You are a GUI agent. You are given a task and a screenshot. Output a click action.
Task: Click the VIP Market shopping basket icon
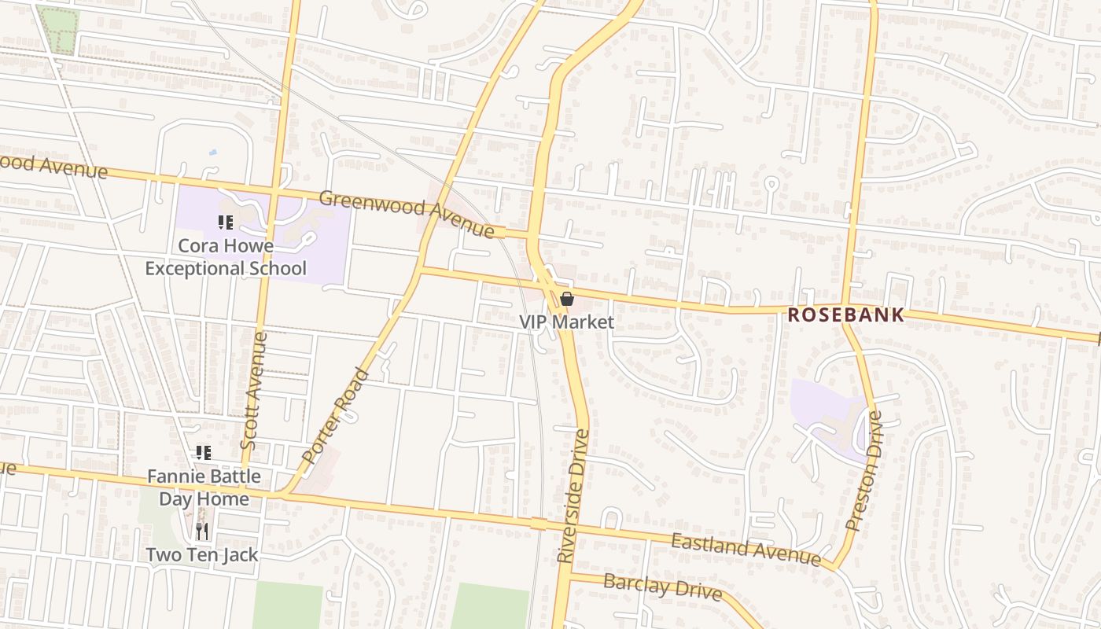point(566,299)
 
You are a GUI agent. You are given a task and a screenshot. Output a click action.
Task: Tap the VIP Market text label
point(566,322)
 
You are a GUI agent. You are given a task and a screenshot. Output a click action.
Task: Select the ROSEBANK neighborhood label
point(846,315)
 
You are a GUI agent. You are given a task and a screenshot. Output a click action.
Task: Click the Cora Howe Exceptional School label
point(226,257)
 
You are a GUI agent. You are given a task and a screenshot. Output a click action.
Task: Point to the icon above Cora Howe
point(226,223)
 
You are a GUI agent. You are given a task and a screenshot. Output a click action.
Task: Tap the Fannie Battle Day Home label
point(204,487)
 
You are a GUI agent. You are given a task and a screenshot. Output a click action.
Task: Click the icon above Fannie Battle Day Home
point(204,452)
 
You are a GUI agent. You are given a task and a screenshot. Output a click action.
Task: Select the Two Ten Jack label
point(202,554)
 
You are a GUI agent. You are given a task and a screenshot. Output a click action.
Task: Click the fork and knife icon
point(202,532)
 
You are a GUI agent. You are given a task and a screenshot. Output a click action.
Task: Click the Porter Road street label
point(335,415)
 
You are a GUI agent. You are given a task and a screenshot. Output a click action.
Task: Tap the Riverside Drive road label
point(573,495)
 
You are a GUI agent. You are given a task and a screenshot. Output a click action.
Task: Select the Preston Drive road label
point(865,469)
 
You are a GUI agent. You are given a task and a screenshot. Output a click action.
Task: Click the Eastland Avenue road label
point(746,548)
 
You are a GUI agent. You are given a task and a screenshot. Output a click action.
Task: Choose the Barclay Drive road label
point(662,587)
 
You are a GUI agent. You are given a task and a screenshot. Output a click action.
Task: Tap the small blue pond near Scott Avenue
point(212,152)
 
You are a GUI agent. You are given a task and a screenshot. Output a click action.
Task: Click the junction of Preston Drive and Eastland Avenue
point(832,565)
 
